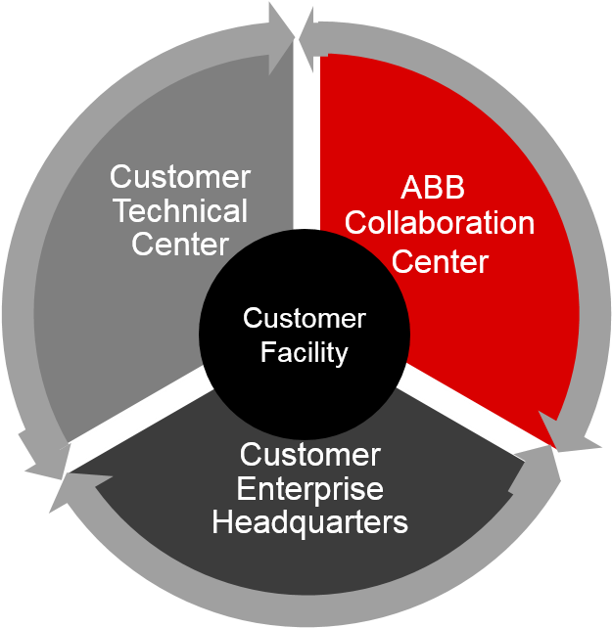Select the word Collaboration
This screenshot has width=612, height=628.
click(440, 223)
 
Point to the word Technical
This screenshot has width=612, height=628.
click(179, 210)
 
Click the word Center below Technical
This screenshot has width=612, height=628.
click(179, 244)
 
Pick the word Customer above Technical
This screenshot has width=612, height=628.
click(179, 177)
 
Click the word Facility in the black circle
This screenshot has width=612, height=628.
click(304, 352)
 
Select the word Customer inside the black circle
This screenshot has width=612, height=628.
click(304, 319)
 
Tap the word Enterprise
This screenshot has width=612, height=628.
click(309, 488)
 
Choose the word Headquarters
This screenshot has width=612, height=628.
click(309, 522)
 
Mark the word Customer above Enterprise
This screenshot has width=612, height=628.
click(309, 455)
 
